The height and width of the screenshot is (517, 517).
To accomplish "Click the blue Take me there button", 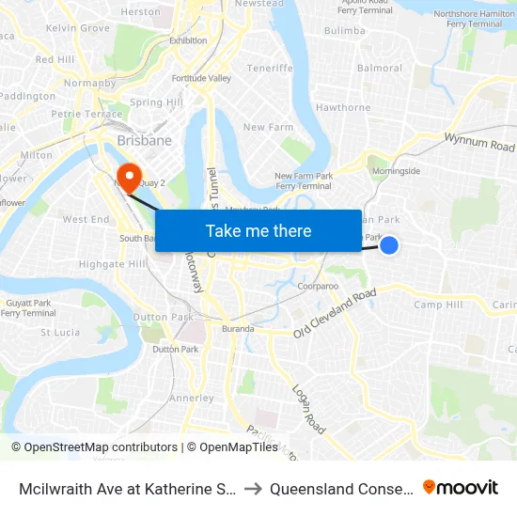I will [x=258, y=230].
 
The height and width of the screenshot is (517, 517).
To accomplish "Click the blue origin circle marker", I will [x=389, y=245].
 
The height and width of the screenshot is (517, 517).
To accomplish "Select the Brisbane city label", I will [x=145, y=140].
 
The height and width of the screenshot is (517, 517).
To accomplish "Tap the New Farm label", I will [x=269, y=127].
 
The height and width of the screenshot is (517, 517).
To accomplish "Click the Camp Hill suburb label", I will [x=438, y=305].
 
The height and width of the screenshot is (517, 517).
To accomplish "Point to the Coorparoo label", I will [x=317, y=285].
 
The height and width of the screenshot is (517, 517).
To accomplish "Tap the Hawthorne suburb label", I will [x=343, y=107].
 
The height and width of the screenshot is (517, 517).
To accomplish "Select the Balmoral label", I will [x=380, y=68].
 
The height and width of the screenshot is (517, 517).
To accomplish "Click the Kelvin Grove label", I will [x=77, y=28].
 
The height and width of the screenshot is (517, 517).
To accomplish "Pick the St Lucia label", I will [x=59, y=332].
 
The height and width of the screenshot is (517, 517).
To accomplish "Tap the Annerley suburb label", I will [x=192, y=398].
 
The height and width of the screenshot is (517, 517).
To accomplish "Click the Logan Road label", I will [x=307, y=409].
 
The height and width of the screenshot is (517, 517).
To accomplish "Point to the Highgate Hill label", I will [x=112, y=264].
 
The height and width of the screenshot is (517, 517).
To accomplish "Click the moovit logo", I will [x=461, y=488].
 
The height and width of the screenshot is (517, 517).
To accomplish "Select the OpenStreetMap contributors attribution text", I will [x=94, y=447].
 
